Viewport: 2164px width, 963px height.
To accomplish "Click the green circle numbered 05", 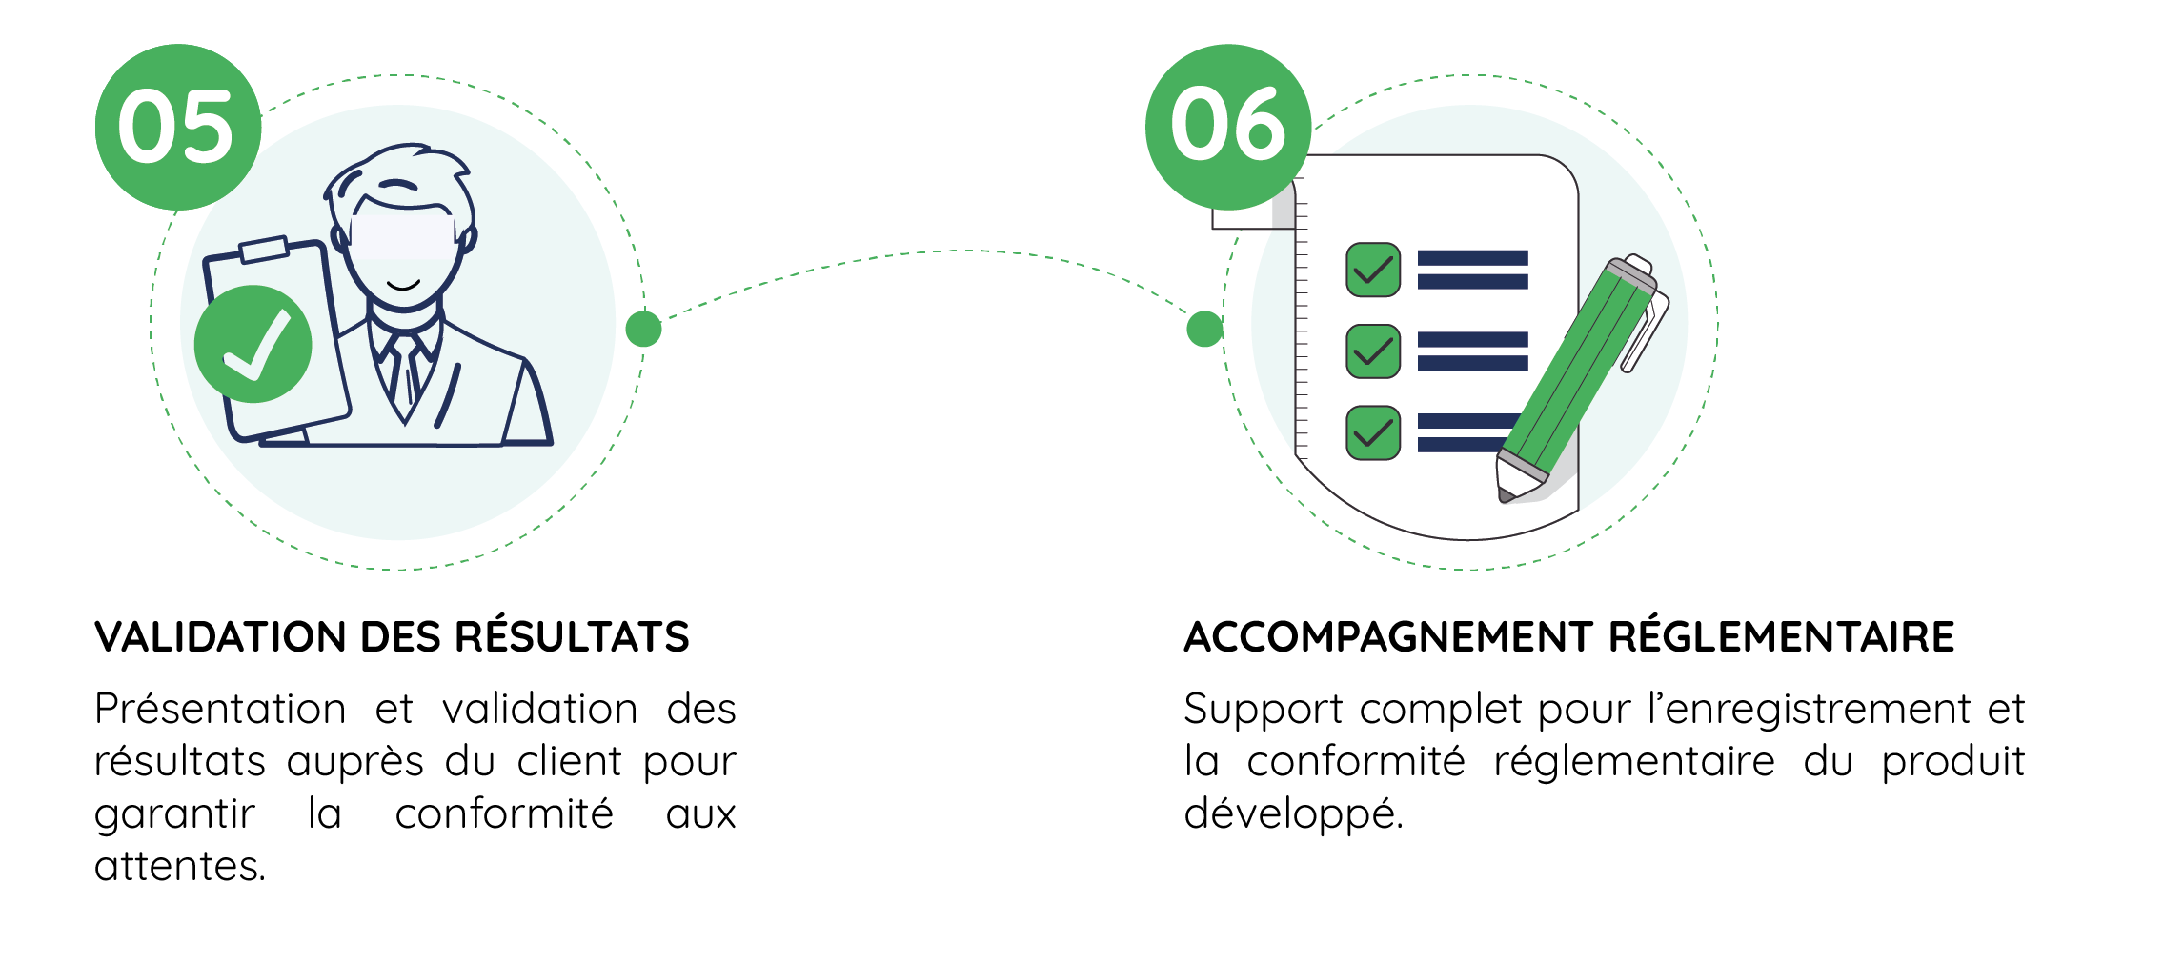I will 177,127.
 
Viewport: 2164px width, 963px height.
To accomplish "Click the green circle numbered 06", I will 1227,127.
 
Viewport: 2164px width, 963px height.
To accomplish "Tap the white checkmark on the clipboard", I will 255,345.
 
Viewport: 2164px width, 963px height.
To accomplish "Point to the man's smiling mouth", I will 403,285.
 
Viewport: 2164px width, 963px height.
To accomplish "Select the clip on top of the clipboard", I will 264,250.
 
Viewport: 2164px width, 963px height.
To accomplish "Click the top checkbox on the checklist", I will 1372,271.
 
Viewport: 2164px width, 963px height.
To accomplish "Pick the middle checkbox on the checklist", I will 1372,351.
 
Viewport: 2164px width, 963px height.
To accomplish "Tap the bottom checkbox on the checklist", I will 1372,432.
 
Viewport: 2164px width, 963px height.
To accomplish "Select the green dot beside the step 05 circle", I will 644,329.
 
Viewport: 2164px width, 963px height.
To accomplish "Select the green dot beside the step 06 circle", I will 1204,329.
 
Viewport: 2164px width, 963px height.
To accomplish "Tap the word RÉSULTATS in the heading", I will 572,635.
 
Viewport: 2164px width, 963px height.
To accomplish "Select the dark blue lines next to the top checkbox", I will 1472,270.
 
